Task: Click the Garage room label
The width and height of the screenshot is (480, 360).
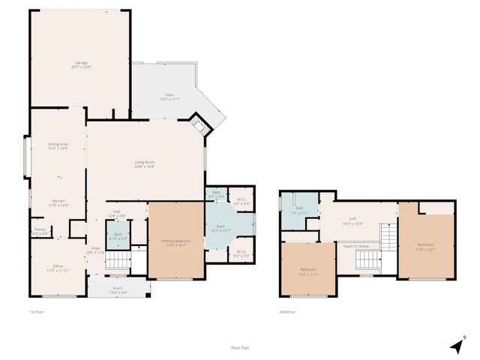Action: [81, 63]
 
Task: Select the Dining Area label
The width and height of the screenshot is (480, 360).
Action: [58, 144]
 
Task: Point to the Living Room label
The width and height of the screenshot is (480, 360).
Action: [144, 163]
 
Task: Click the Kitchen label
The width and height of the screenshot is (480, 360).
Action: [58, 201]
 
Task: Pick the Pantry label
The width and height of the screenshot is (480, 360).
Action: [39, 230]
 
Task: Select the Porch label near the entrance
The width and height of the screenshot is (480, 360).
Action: [118, 288]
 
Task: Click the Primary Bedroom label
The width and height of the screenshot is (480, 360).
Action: [176, 241]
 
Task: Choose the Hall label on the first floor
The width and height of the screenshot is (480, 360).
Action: [117, 211]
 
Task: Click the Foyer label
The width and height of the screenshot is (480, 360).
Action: [96, 248]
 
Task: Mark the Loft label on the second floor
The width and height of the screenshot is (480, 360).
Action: [352, 219]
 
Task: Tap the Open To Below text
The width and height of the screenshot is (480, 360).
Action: [356, 246]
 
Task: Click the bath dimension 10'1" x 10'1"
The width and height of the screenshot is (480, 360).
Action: [220, 230]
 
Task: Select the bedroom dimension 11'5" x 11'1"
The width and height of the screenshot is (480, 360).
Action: [309, 274]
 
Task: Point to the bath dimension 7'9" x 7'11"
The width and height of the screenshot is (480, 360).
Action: [298, 213]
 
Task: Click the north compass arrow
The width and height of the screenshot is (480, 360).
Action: [457, 345]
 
